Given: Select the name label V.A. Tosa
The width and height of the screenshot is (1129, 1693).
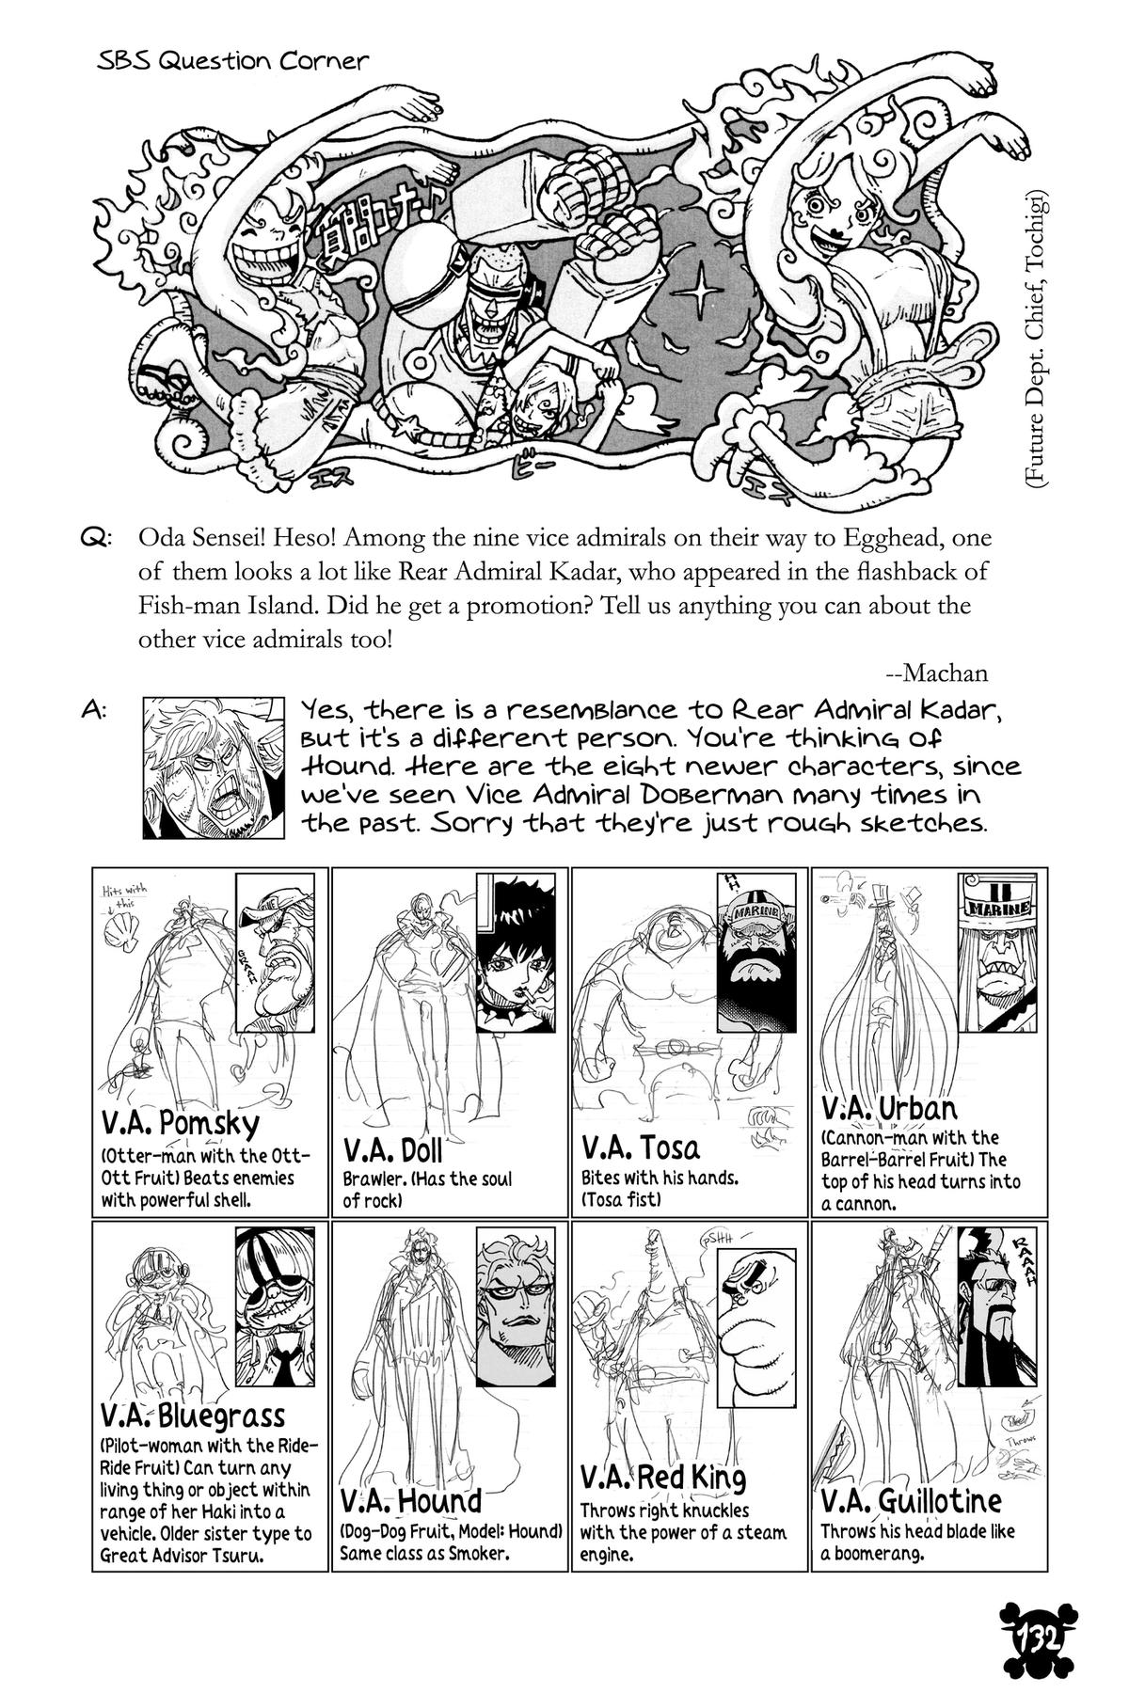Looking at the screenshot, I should pos(641,1147).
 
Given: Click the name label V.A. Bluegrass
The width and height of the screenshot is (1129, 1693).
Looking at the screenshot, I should pos(192,1416).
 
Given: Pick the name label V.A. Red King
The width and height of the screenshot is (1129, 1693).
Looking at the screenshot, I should pos(663,1479).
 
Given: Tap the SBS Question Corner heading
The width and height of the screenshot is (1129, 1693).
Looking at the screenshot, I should pos(232,62).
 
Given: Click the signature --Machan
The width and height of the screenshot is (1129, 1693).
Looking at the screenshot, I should pos(936,672).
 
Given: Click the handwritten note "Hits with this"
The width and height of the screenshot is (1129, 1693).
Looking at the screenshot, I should pos(118,897).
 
